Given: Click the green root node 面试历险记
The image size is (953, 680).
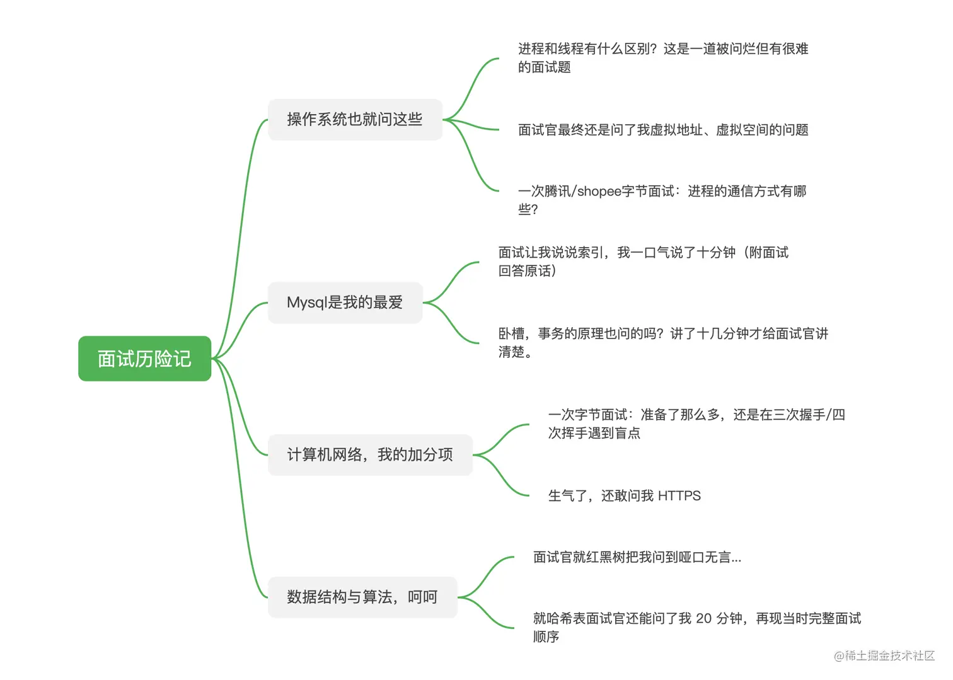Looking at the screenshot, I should coord(144,359).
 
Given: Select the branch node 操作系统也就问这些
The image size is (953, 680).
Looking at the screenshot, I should coord(355,119).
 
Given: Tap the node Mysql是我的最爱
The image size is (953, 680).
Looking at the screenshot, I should coord(345,303).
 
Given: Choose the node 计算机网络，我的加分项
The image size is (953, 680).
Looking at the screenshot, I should coord(370,454).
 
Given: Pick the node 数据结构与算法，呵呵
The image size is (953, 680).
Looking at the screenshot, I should coord(362,597).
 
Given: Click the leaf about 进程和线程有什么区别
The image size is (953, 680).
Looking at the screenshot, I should coord(662,57).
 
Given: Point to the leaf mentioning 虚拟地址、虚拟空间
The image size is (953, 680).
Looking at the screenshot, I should coord(663,130).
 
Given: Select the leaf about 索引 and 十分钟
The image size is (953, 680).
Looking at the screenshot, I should coord(643,261).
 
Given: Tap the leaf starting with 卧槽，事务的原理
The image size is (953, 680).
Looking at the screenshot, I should coord(663,342).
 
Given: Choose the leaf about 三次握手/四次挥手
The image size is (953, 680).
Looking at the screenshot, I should coord(696,424).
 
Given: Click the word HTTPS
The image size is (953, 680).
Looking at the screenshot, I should coord(679,496).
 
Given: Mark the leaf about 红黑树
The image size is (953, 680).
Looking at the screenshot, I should coord(637,557).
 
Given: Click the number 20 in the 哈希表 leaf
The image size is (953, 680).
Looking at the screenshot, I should coord(703,618).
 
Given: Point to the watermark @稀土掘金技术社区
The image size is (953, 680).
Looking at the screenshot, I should coord(884,655).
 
